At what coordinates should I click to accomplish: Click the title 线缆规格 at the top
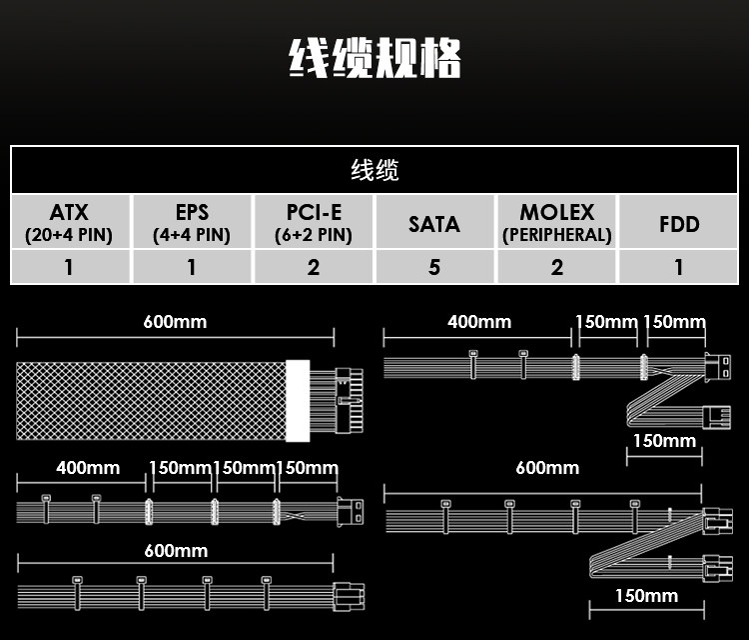click(374, 58)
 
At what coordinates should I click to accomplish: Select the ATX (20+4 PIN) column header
click(69, 223)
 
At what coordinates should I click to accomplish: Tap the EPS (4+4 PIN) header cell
click(192, 223)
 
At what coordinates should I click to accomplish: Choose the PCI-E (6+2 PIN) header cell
click(314, 223)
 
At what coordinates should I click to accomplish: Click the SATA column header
click(434, 223)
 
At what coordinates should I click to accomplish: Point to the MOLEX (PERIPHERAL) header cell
click(556, 223)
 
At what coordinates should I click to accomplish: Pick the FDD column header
click(679, 223)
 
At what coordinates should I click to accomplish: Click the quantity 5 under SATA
click(434, 267)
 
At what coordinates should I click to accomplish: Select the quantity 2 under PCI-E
click(314, 267)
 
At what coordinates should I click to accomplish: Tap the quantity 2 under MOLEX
click(556, 267)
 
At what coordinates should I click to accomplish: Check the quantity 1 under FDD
click(679, 267)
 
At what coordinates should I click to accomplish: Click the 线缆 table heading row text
click(374, 170)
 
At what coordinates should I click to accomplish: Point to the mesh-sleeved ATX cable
click(150, 400)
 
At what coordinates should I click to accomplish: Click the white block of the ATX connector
click(299, 400)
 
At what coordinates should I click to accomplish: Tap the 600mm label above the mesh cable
click(175, 322)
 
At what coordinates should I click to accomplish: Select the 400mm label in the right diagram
click(478, 322)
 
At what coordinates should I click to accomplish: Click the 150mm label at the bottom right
click(646, 596)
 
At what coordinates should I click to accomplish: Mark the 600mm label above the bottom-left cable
click(176, 551)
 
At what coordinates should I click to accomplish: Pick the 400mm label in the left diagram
click(88, 468)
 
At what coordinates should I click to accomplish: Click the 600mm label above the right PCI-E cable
click(547, 468)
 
